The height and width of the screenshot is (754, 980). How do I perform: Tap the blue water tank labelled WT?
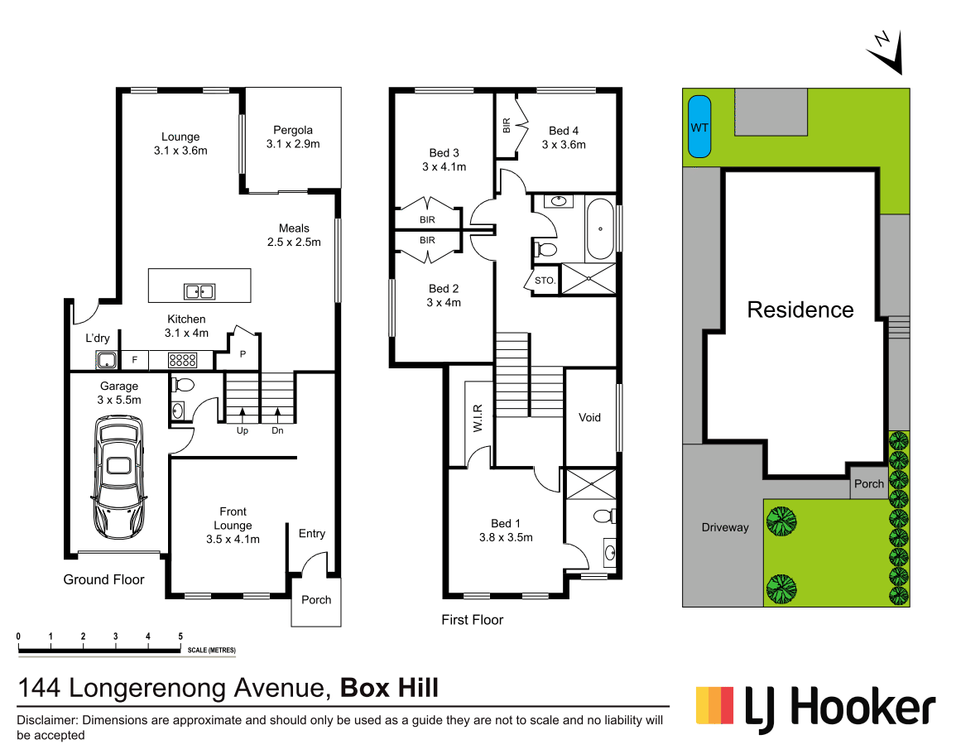coord(700,127)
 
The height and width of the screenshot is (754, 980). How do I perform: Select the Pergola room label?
coord(293,130)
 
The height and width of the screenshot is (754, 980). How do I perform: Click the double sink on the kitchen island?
coord(199,291)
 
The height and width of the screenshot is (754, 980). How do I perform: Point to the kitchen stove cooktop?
coord(182,360)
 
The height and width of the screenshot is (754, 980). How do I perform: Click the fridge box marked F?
coord(134,360)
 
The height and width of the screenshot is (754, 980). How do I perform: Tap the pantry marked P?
coord(243,353)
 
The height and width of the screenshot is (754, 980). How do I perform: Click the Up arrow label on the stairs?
coord(242,430)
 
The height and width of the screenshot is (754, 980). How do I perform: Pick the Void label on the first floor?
coord(589,417)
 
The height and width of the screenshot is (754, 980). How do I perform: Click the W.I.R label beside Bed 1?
coord(478,417)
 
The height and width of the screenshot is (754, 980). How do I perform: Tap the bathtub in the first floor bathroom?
coord(601,228)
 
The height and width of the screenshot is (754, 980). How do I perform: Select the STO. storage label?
coord(545,281)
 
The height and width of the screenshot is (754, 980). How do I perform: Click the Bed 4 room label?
coord(564,131)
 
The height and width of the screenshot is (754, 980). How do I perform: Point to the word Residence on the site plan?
coord(800,310)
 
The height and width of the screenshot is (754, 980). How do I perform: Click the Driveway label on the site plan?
coord(724,527)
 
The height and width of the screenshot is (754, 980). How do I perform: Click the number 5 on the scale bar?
coord(180,636)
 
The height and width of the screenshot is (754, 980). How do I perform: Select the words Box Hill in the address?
coord(390,687)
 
